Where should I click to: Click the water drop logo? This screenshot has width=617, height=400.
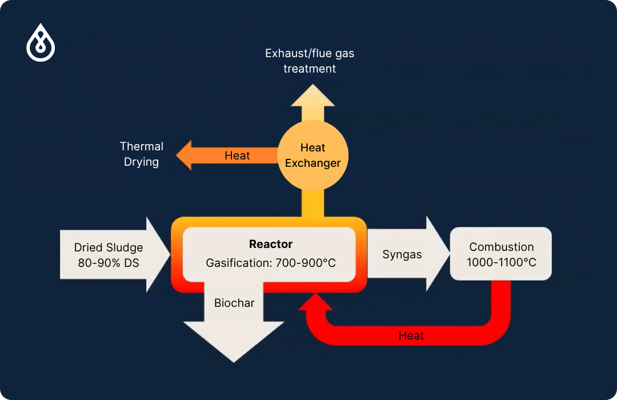tap(41, 42)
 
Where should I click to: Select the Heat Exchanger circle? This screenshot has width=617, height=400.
tap(312, 155)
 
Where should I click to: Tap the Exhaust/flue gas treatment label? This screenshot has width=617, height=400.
tap(310, 61)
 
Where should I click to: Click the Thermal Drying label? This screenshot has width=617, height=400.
tap(142, 154)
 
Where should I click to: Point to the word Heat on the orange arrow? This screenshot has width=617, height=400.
tap(237, 155)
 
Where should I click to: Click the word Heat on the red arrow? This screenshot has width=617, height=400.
tap(411, 335)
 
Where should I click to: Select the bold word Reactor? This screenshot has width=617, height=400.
tap(271, 244)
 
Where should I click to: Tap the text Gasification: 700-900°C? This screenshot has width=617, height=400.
tap(271, 263)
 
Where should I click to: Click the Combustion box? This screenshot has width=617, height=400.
tap(500, 254)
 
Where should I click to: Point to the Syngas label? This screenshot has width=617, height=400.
tap(402, 254)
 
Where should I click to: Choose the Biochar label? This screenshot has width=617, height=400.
tap(234, 303)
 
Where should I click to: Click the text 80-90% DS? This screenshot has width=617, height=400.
tap(109, 263)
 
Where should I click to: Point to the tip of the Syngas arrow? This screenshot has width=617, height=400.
tap(447, 254)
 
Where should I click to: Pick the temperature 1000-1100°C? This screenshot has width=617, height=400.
tap(501, 263)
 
